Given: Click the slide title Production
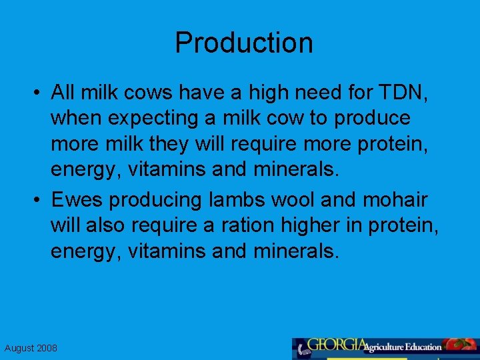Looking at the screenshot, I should pos(243,43).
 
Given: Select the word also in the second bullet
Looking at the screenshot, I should pos(106,225).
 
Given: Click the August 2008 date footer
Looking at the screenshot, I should pos(31,348).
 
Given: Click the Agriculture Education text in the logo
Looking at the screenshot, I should pos(405,347).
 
